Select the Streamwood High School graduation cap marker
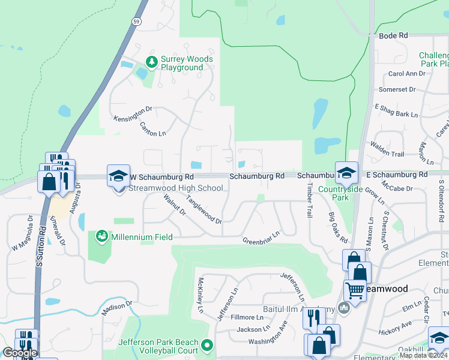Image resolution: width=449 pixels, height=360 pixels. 118,175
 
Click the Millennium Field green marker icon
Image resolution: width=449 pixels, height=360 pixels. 101,236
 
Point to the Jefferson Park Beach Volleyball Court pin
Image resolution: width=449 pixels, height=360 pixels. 208,345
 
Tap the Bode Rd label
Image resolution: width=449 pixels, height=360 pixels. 393,36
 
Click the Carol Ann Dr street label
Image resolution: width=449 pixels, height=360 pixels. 406,74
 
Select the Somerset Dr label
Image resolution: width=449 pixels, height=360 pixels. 397,89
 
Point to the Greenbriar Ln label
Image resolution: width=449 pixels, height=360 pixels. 261,238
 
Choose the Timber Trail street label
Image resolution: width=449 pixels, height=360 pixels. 309,201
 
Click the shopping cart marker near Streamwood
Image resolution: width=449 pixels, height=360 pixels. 355,291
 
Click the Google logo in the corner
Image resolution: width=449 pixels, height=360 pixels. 20,353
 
